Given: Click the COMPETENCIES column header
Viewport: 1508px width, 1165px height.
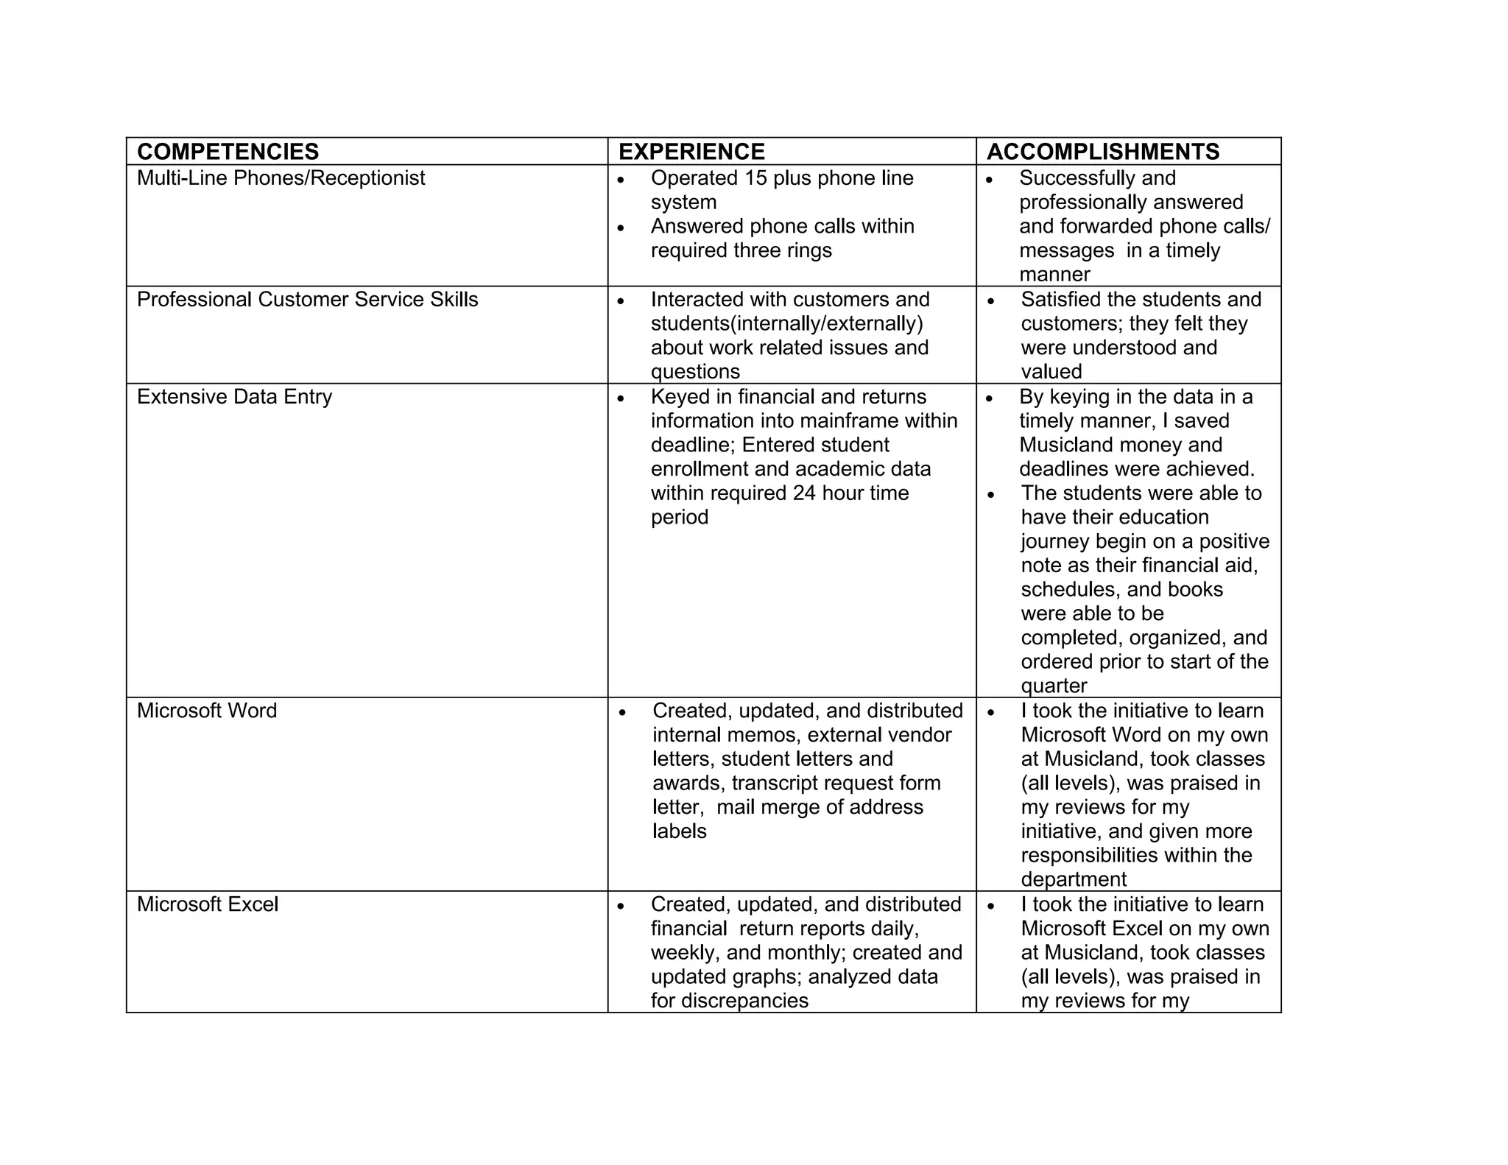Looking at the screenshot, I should coord(228,152).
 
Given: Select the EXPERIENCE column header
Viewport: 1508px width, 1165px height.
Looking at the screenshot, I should coord(691,152).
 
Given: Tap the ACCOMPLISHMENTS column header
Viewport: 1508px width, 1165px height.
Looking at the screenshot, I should coord(1102,152).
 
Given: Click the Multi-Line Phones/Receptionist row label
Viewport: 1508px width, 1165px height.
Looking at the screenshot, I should coord(281,178).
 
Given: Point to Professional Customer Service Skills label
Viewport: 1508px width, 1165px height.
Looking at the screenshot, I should coord(307,300).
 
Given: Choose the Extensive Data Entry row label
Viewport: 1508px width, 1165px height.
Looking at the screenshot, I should coord(234,397).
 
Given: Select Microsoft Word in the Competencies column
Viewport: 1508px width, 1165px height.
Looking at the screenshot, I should coord(207,711).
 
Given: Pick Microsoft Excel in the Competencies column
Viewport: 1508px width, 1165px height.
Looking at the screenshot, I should coord(208,904).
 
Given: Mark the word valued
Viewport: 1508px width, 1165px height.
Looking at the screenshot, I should coord(1051,372).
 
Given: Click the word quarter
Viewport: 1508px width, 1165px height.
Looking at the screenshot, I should coord(1054,686).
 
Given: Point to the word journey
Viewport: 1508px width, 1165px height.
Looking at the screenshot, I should coord(1055,542).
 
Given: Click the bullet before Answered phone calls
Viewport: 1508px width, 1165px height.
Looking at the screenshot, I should coord(621,228).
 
